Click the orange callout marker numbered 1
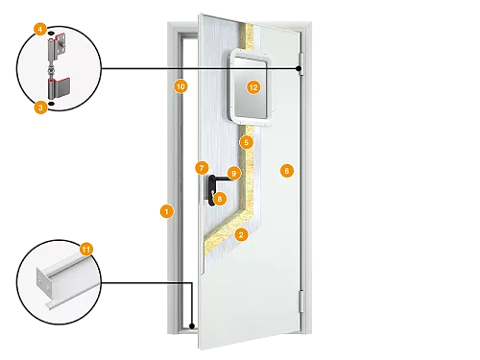(166, 210)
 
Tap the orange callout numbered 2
(241, 234)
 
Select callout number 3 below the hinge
(39, 108)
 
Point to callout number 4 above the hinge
(39, 30)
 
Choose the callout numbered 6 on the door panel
(285, 170)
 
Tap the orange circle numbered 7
(202, 167)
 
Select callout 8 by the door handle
(220, 199)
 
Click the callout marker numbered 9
(233, 173)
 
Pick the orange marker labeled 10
(180, 86)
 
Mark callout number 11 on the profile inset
(86, 249)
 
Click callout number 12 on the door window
(253, 86)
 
